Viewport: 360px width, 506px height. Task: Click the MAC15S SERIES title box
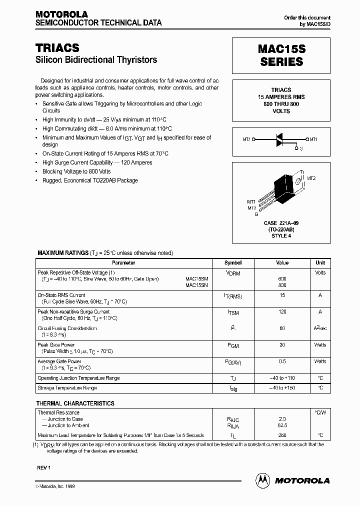point(281,55)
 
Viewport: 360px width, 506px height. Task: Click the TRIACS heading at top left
point(57,47)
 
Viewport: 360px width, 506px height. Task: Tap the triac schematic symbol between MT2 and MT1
point(281,140)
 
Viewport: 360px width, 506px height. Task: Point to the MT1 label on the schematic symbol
point(313,139)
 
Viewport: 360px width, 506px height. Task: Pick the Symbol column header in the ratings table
point(233,263)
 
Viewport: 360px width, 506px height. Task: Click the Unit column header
point(320,263)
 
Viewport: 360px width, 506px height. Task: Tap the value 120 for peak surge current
point(282,311)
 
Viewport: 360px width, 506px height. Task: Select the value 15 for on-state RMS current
point(282,295)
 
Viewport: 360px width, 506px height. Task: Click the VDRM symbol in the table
point(233,273)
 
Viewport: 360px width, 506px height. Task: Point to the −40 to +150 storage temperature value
point(282,388)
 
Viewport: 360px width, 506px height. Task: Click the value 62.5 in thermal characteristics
point(282,425)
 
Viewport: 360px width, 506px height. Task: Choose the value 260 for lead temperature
point(282,435)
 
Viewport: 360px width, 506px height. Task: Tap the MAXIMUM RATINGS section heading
point(62,253)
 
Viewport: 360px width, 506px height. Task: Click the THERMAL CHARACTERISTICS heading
point(75,403)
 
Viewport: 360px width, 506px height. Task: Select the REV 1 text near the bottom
point(44,467)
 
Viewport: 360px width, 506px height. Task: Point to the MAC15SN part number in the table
point(196,285)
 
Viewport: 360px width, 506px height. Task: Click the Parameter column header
point(123,263)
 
